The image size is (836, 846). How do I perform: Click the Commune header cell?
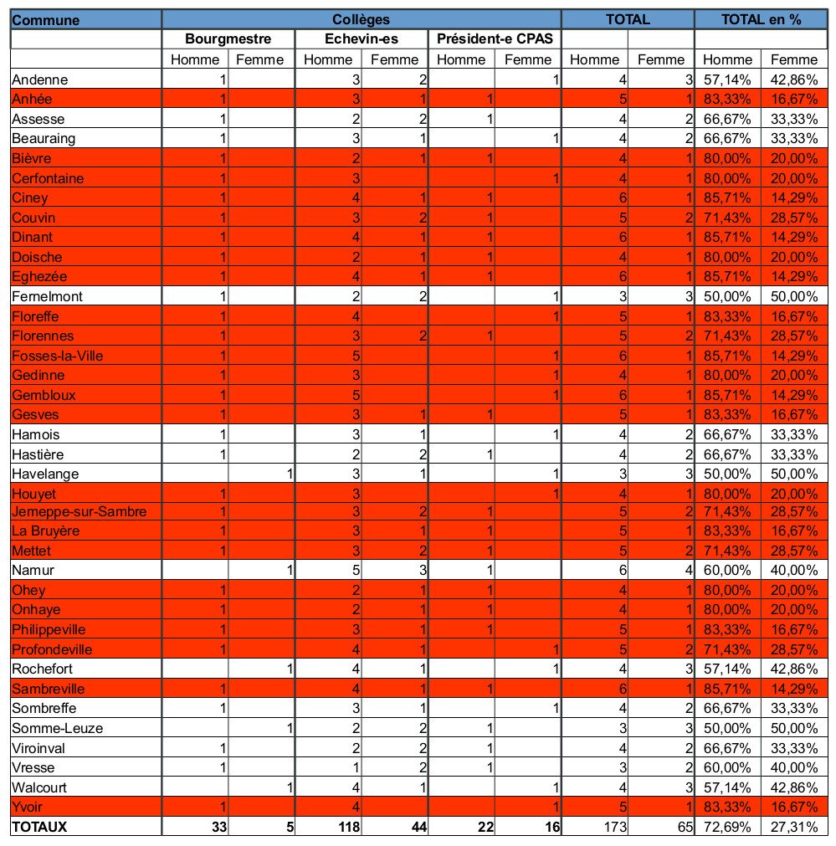(x=46, y=20)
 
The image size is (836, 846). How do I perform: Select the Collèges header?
(x=361, y=19)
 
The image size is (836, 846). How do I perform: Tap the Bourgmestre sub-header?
(x=228, y=38)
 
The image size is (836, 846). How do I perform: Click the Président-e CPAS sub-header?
(x=495, y=38)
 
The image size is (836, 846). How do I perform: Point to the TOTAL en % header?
(x=761, y=19)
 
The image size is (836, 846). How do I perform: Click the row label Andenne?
(x=40, y=79)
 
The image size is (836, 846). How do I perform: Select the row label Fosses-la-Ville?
(x=57, y=356)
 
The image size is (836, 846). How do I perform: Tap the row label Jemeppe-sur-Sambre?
(x=79, y=511)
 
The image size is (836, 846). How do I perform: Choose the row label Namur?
(x=33, y=571)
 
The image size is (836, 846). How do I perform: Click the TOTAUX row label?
(x=39, y=827)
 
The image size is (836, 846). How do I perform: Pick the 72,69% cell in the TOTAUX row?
(x=727, y=827)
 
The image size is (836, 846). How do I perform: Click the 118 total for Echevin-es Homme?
(x=349, y=827)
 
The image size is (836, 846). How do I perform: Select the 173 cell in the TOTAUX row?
(x=615, y=827)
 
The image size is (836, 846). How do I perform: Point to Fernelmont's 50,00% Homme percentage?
(x=727, y=297)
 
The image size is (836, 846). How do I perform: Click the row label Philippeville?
(x=49, y=629)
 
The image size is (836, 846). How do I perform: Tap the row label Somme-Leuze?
(x=57, y=728)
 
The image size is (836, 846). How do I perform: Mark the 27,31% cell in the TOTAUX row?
(x=794, y=827)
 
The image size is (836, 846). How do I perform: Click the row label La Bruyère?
(x=45, y=531)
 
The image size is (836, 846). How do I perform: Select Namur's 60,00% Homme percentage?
(x=727, y=571)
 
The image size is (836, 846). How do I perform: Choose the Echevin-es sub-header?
(x=361, y=38)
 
